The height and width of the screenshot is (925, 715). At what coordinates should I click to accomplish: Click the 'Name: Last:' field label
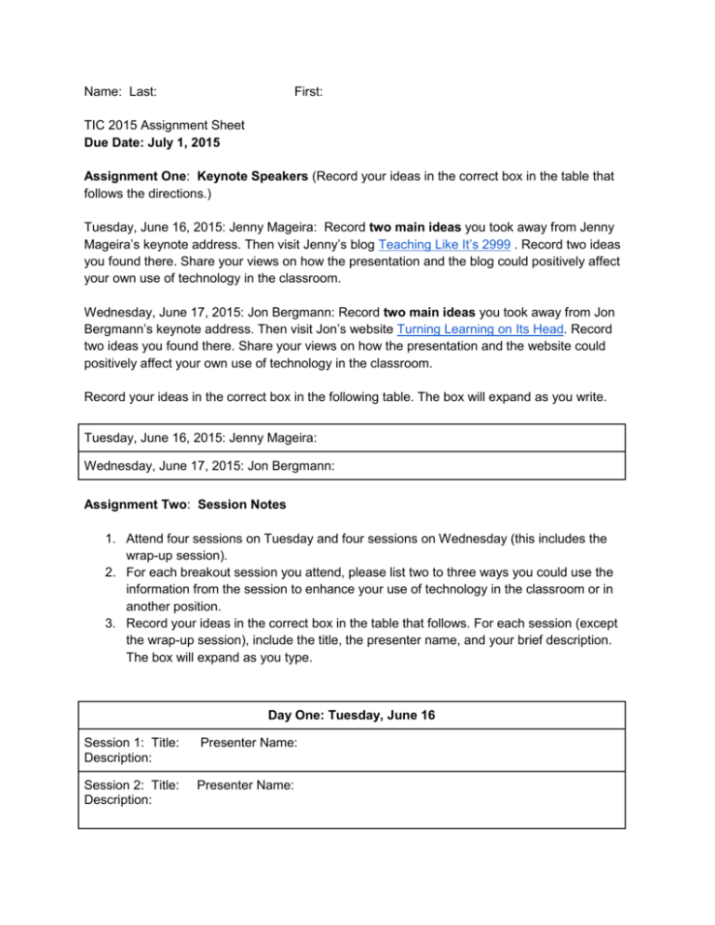point(119,92)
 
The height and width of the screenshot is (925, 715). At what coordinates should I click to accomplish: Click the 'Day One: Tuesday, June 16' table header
point(353,716)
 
